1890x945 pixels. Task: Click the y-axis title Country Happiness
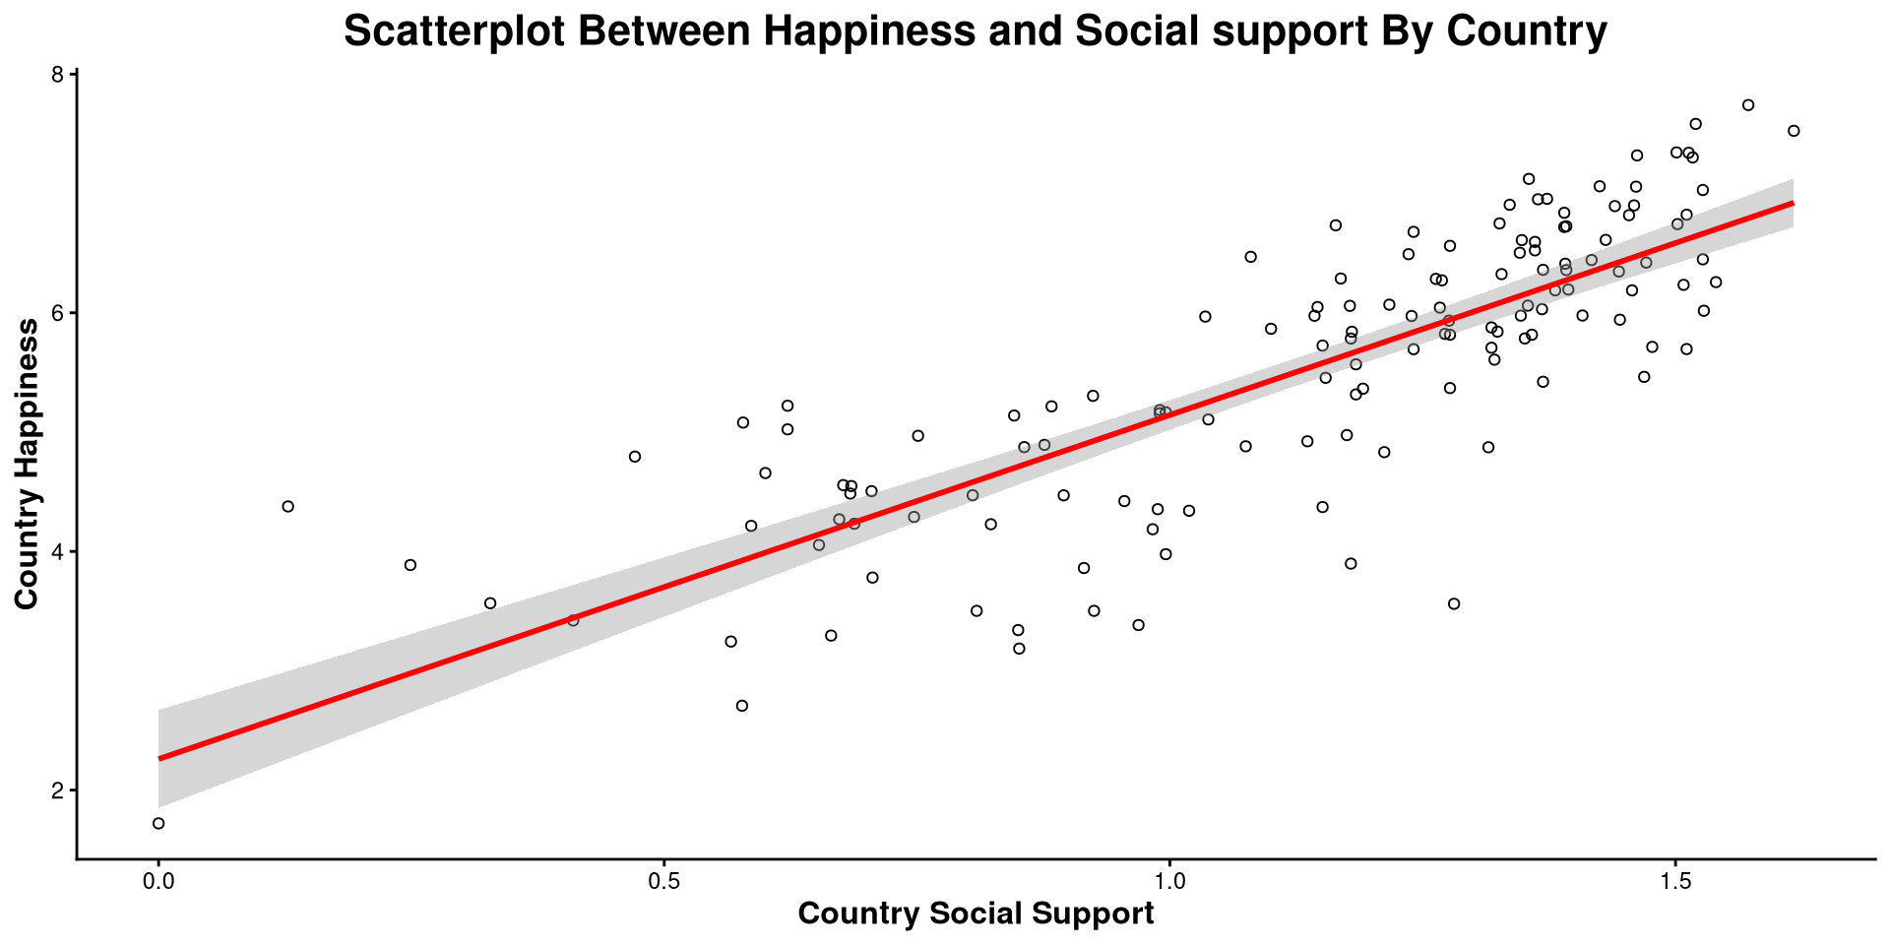pyautogui.click(x=27, y=464)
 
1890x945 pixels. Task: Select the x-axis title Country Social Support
pyautogui.click(x=976, y=913)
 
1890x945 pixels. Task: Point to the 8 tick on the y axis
pyautogui.click(x=57, y=75)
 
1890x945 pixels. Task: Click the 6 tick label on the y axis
pyautogui.click(x=57, y=313)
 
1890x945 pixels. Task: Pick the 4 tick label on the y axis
pyautogui.click(x=57, y=551)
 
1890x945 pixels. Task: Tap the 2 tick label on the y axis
pyautogui.click(x=57, y=790)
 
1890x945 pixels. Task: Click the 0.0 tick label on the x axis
pyautogui.click(x=158, y=879)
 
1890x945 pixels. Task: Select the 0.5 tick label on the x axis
pyautogui.click(x=663, y=879)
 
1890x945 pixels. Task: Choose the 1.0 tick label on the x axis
pyautogui.click(x=1169, y=879)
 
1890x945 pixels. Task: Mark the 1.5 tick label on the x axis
pyautogui.click(x=1675, y=879)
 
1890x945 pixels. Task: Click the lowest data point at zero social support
pyautogui.click(x=158, y=823)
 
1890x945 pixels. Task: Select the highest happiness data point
pyautogui.click(x=1748, y=105)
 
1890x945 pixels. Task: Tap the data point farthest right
pyautogui.click(x=1794, y=131)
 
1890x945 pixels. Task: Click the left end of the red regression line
pyautogui.click(x=160, y=758)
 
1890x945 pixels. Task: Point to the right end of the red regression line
pyautogui.click(x=1792, y=203)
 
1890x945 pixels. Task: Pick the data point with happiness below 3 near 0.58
pyautogui.click(x=742, y=706)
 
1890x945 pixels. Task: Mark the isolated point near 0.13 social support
pyautogui.click(x=288, y=506)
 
